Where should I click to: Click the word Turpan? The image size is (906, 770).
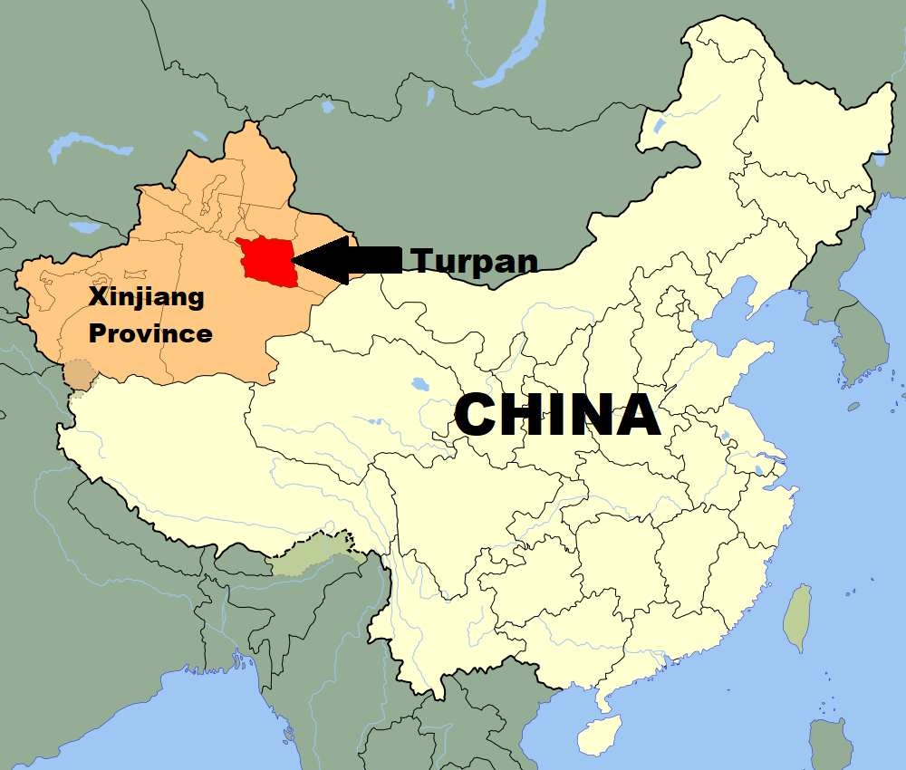point(476,261)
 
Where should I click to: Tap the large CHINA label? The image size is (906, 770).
point(556,416)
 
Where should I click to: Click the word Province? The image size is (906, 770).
point(149,333)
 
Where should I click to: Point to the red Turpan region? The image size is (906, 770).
point(268,262)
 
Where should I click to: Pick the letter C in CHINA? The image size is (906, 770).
point(479,416)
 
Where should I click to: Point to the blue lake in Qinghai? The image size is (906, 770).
point(419,384)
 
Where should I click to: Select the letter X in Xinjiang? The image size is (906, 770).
point(97,296)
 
